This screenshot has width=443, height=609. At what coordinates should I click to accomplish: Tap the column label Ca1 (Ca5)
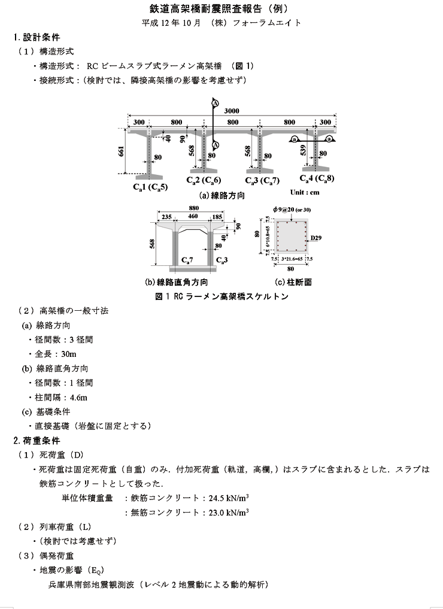point(150,186)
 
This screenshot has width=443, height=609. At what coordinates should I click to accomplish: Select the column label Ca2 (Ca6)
point(204,180)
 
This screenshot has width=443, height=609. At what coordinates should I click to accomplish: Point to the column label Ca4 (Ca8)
point(317,178)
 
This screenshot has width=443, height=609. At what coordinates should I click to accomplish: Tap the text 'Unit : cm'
point(305,192)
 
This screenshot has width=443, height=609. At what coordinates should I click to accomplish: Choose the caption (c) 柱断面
point(293,282)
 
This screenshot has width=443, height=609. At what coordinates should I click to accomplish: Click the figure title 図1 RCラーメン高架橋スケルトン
point(221,296)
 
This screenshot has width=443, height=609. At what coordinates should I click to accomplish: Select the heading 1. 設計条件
point(37,37)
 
